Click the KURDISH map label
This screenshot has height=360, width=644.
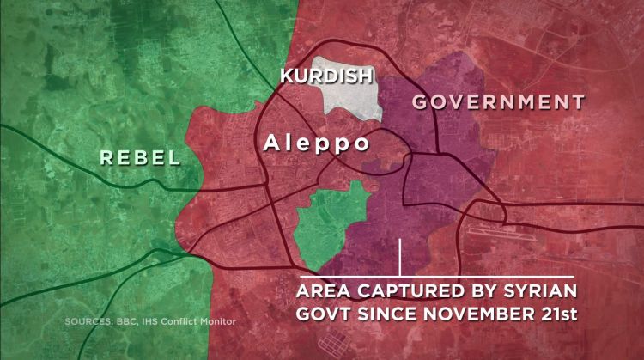pos(326,76)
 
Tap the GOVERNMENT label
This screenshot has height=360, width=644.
pos(499,102)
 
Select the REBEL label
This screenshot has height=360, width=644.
pos(140,157)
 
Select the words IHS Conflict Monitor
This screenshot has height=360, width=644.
pos(193,323)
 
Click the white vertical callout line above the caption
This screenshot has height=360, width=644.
pos(400,255)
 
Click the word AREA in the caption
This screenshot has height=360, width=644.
pos(325,288)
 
